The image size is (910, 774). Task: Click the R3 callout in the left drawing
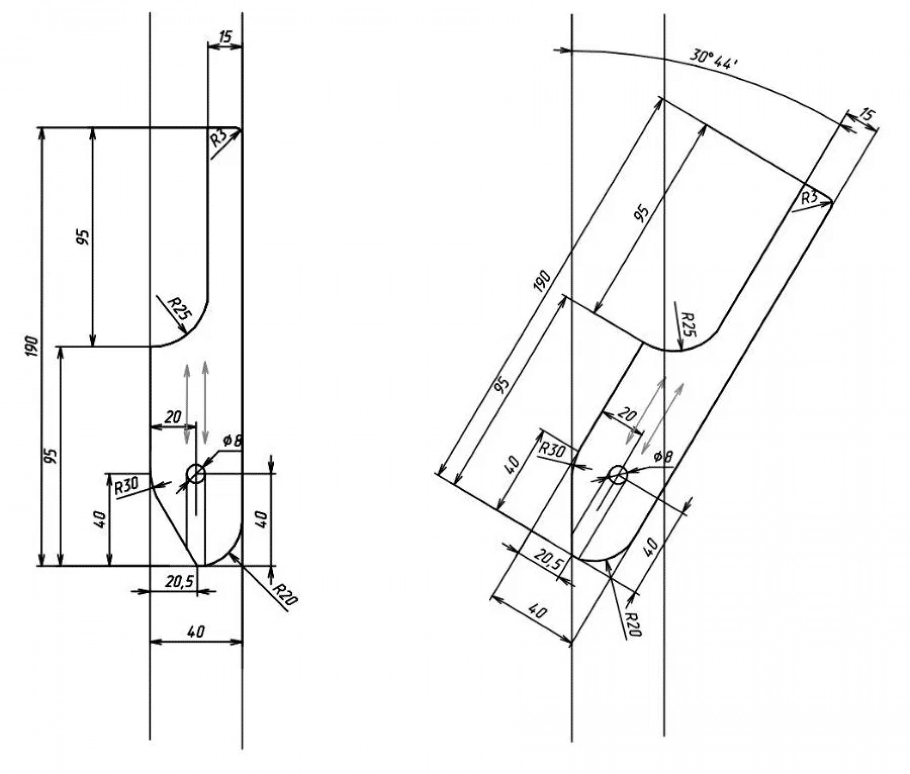click(x=219, y=139)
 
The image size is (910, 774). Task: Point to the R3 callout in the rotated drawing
click(x=809, y=197)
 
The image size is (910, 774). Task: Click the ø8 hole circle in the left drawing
click(x=197, y=474)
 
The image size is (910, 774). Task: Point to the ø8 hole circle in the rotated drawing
click(x=618, y=475)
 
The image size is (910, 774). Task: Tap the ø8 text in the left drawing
click(x=232, y=441)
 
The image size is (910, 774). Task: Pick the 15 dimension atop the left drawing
click(x=225, y=36)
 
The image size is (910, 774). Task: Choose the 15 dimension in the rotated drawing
click(x=866, y=115)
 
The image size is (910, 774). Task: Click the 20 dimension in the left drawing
click(x=173, y=417)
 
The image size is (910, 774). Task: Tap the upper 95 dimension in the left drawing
click(x=83, y=237)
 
